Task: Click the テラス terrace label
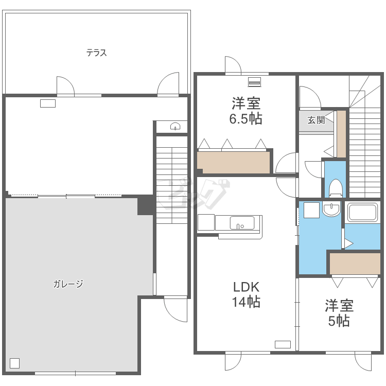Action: click(97, 52)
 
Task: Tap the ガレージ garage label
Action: click(68, 284)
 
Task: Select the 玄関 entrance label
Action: click(317, 120)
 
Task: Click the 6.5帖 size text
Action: click(245, 119)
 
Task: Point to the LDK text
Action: click(246, 287)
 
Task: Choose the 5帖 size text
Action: click(339, 321)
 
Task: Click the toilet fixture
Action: click(336, 188)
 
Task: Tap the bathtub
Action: click(362, 212)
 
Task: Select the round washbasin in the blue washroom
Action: click(331, 209)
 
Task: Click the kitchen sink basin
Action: click(242, 223)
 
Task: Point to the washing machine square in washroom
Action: click(312, 210)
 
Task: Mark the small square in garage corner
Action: click(14, 363)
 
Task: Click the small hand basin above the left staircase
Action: click(175, 127)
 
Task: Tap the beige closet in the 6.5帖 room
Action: click(234, 162)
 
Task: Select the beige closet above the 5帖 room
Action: click(355, 264)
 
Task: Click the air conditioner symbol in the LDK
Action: click(283, 344)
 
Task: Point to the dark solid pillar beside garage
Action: click(146, 205)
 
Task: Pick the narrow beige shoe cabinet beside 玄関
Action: click(341, 134)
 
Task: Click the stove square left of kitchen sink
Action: click(206, 222)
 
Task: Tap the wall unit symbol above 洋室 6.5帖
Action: click(254, 82)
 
